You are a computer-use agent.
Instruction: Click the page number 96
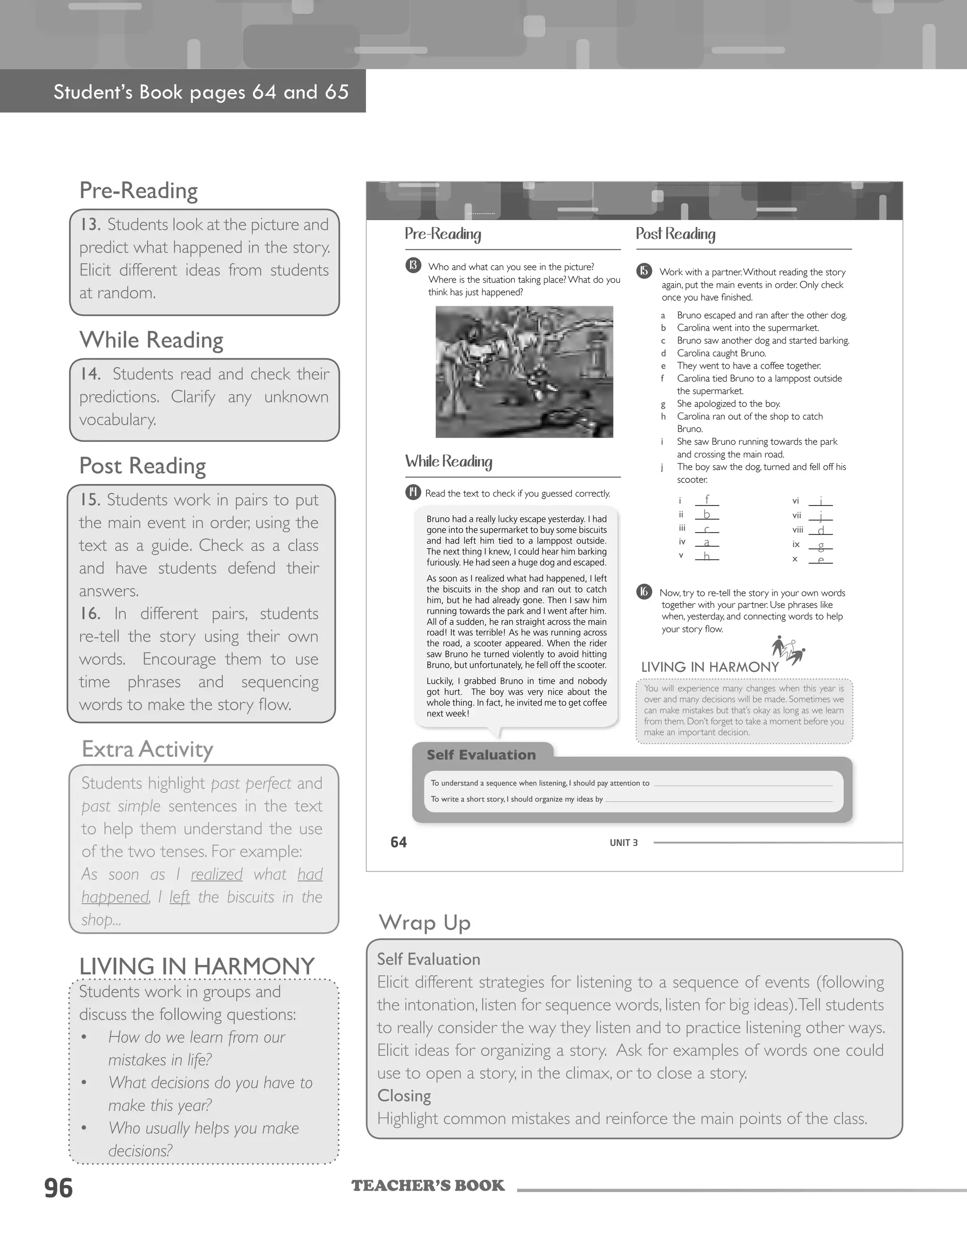tap(59, 1188)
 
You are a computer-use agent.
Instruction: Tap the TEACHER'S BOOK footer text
tap(428, 1185)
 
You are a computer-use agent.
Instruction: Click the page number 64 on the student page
tap(399, 842)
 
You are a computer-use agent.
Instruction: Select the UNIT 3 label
tap(623, 843)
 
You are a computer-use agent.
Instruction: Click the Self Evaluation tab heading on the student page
tap(481, 755)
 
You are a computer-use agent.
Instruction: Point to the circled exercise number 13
tap(413, 265)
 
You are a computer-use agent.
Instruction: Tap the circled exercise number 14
tap(413, 492)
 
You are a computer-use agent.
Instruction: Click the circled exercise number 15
tap(644, 271)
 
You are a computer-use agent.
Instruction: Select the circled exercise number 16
tap(644, 592)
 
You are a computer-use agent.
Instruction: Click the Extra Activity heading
tap(147, 749)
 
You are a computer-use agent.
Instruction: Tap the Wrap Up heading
tap(424, 922)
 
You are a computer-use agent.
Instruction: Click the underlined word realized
tap(216, 874)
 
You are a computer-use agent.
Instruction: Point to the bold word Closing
tap(404, 1096)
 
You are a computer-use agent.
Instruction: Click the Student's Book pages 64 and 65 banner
tap(201, 92)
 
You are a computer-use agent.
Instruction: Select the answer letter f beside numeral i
tap(707, 500)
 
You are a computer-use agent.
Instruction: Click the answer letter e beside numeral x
tap(821, 559)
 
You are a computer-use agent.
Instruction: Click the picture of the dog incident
tap(524, 372)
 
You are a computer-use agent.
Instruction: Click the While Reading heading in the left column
tap(152, 340)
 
